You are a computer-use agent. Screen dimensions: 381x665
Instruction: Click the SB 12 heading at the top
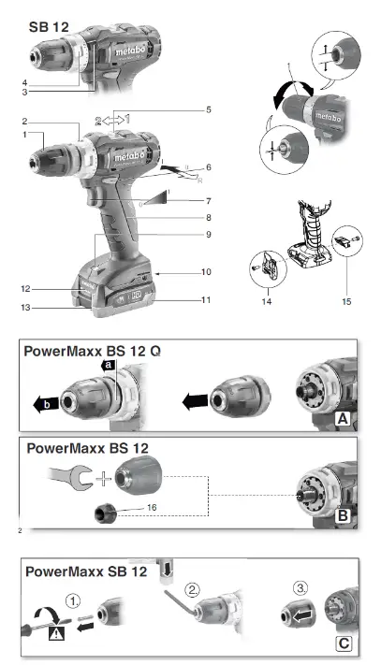point(49,27)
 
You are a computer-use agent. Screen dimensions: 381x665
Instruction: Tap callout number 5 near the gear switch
point(209,109)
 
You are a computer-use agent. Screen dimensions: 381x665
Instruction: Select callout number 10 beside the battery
point(206,272)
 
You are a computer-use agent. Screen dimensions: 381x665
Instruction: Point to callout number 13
point(26,307)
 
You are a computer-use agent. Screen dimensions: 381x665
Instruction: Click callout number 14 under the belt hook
point(267,301)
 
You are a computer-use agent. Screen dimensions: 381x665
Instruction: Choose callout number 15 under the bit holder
point(346,301)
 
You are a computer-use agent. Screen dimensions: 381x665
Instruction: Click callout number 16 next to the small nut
point(152,507)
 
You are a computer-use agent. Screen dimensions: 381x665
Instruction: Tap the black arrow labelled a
point(109,365)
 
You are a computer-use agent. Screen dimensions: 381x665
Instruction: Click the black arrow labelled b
point(45,404)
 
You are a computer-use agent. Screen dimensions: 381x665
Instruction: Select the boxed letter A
point(343,419)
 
